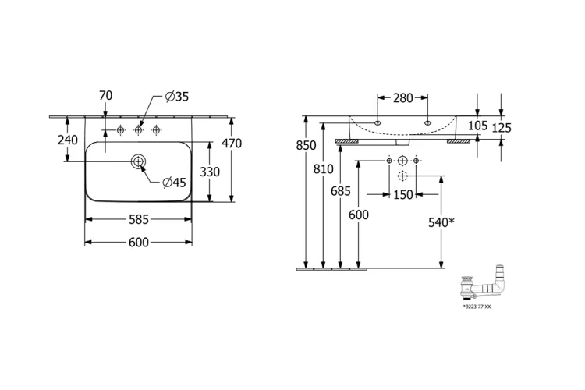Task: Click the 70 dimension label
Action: coord(106,96)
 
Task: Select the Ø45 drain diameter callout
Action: coord(173,183)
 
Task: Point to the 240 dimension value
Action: coord(69,140)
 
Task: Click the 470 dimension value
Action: coord(232,144)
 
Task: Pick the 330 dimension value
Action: coord(210,171)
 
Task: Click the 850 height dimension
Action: coord(307,145)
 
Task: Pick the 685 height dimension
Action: coord(341,190)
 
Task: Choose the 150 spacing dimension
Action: coord(402,195)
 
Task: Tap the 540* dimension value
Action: coord(441,222)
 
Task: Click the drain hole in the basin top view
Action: coord(138,161)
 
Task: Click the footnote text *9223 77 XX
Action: coord(477,308)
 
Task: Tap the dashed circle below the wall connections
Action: coord(402,175)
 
